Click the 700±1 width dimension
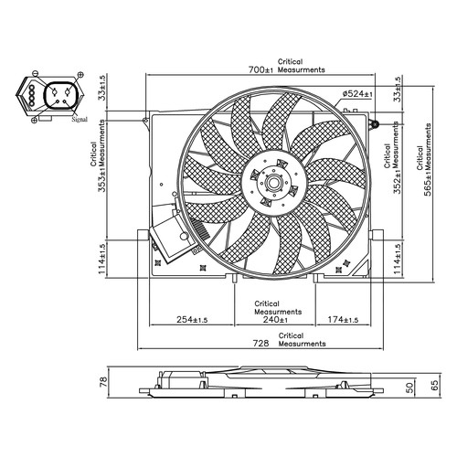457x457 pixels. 260,69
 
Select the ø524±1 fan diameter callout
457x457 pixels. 357,94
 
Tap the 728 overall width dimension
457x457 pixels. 261,344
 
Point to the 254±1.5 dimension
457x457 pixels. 192,320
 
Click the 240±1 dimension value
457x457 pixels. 275,319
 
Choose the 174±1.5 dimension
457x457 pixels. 343,320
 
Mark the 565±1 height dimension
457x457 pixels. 428,183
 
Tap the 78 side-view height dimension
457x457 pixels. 103,382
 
